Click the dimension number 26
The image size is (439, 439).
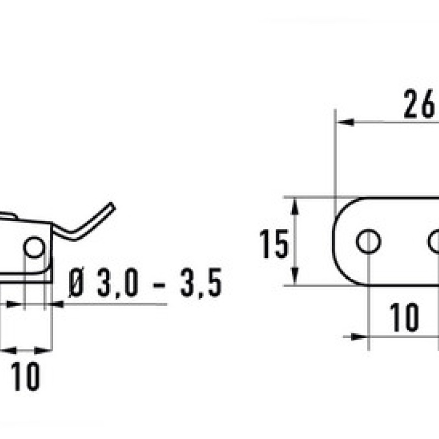tap(419, 104)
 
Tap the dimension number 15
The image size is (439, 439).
tap(274, 244)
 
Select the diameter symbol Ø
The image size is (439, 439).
tap(76, 282)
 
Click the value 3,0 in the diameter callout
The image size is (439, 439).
tap(117, 283)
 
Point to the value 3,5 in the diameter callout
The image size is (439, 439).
tap(201, 283)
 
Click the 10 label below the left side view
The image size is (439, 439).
tap(25, 376)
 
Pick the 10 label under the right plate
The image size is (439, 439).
tap(404, 317)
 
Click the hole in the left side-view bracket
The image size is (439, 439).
tap(34, 247)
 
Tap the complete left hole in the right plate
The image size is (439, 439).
tap(368, 241)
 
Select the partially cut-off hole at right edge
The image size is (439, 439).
tap(434, 241)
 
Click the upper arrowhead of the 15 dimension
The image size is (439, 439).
tap(294, 206)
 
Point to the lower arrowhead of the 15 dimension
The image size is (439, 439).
tap(294, 276)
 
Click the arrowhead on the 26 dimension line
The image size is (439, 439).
tap(345, 122)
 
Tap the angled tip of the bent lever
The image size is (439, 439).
tap(112, 206)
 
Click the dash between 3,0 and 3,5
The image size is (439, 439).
tap(159, 285)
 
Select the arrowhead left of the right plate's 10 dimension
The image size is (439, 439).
tap(360, 336)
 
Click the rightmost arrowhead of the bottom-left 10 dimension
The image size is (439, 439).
tap(43, 350)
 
